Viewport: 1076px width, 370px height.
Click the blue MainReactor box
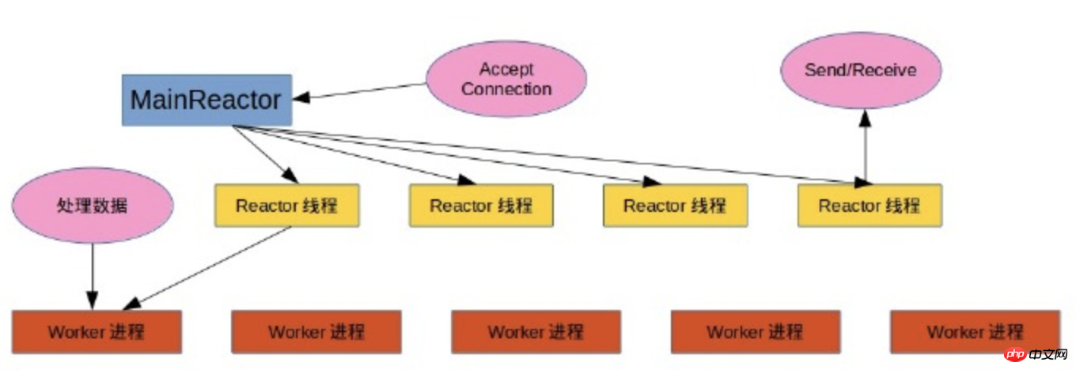point(206,100)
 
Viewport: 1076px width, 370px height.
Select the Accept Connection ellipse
point(506,79)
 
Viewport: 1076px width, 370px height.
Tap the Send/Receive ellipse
point(861,70)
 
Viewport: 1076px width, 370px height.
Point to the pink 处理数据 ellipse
point(93,205)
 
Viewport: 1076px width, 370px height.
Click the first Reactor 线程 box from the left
point(286,206)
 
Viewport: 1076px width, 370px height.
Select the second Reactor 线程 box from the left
point(480,206)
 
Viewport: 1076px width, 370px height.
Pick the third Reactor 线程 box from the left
point(675,206)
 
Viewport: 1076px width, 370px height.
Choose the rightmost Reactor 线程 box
point(869,206)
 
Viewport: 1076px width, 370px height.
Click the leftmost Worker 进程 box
point(97,331)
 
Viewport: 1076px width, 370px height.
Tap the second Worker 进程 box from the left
point(316,331)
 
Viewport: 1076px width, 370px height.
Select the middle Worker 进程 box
point(536,331)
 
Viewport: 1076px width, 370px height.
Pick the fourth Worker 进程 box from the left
point(755,331)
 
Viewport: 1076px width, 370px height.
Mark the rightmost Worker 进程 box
point(974,331)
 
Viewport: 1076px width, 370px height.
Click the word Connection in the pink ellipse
point(506,89)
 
